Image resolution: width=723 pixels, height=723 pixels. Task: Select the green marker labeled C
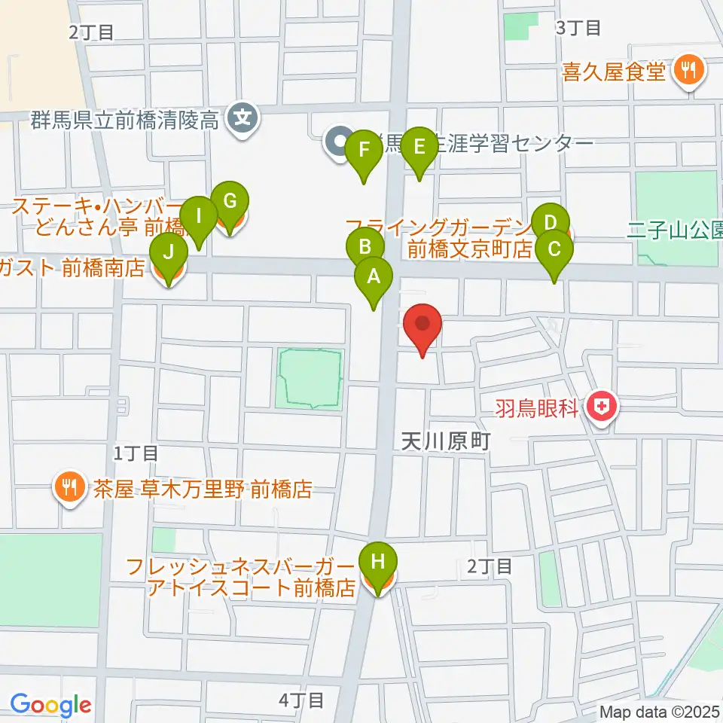pos(554,249)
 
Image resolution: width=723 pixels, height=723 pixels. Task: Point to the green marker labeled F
pos(365,149)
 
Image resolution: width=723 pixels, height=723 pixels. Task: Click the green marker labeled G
pos(230,202)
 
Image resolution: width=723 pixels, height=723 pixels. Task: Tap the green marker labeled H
pos(378,562)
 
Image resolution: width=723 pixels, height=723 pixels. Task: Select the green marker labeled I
pos(199,216)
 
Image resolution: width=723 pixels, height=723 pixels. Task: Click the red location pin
pos(423,324)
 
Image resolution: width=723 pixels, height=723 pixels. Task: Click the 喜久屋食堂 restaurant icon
pos(687,72)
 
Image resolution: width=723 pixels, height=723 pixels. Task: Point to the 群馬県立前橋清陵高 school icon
pos(243,117)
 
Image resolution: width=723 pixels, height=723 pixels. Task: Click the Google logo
pos(50,706)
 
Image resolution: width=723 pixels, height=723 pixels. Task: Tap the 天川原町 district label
pos(444,441)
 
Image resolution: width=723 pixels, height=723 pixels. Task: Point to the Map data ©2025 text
pos(660,712)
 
